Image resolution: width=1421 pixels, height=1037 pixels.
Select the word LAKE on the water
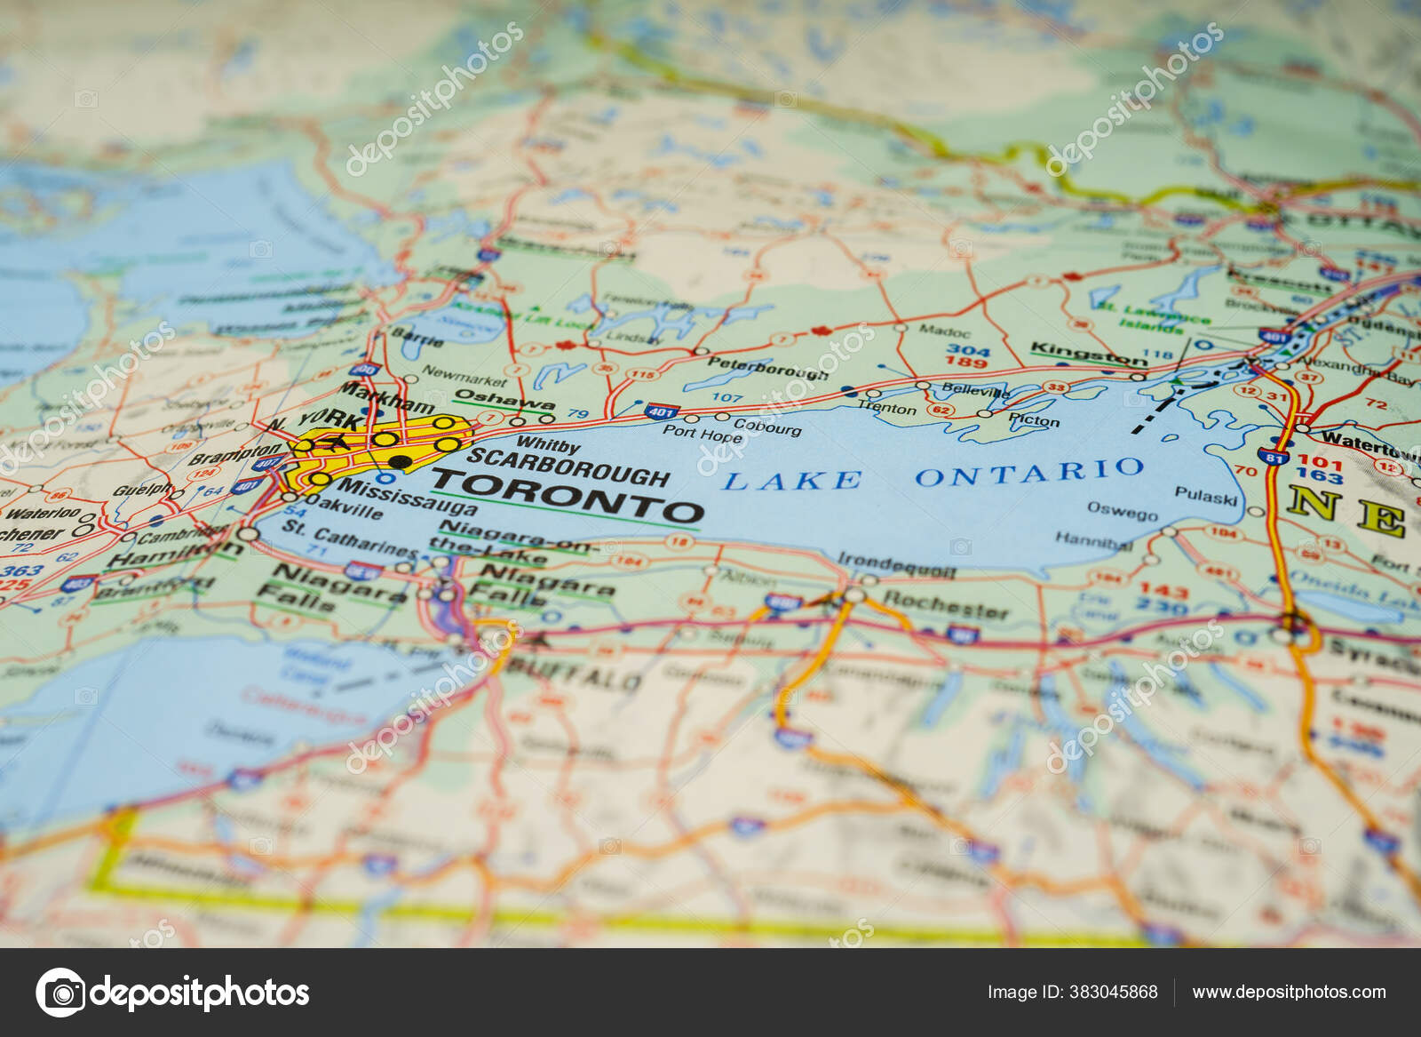[791, 481]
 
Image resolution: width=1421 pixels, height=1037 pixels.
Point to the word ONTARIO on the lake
[1029, 473]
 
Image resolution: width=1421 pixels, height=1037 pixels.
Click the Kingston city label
[1089, 353]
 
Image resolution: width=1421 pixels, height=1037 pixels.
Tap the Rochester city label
[946, 605]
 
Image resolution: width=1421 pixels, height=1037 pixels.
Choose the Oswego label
[1123, 512]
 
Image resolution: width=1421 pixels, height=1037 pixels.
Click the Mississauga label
[408, 498]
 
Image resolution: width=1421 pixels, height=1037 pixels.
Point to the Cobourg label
[767, 427]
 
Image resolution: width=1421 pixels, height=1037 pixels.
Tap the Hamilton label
[174, 554]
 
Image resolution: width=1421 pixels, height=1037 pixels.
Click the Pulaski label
[1205, 495]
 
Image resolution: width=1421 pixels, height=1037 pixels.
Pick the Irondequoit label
[897, 566]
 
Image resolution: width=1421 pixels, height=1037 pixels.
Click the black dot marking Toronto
[401, 461]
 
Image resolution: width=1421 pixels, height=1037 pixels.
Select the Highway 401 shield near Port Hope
[662, 411]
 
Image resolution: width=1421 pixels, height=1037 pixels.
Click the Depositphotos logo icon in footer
[60, 992]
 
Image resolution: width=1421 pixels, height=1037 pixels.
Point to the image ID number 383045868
[1116, 992]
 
